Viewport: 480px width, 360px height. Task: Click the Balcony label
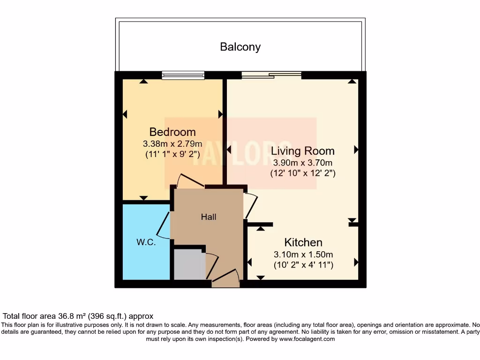pos(240,47)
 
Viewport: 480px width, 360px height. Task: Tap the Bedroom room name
pos(172,132)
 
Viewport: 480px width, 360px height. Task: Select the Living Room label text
pos(302,151)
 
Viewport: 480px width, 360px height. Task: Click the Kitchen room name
pos(303,242)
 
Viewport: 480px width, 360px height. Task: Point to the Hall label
pos(209,217)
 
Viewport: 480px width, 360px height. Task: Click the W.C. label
pos(146,242)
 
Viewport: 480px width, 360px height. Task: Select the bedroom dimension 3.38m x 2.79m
pos(172,143)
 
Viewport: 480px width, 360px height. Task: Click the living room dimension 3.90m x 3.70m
pos(302,163)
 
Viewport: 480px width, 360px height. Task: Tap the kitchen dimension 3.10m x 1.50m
pos(303,255)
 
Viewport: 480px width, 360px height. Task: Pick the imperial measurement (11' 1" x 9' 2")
pos(172,153)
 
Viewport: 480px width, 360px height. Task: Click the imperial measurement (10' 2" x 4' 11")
pos(303,265)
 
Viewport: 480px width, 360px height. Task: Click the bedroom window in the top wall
pos(183,75)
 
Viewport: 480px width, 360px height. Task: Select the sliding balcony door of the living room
pos(271,74)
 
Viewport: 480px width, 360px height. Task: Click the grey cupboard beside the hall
pos(189,264)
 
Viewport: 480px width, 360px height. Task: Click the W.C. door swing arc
pos(163,225)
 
